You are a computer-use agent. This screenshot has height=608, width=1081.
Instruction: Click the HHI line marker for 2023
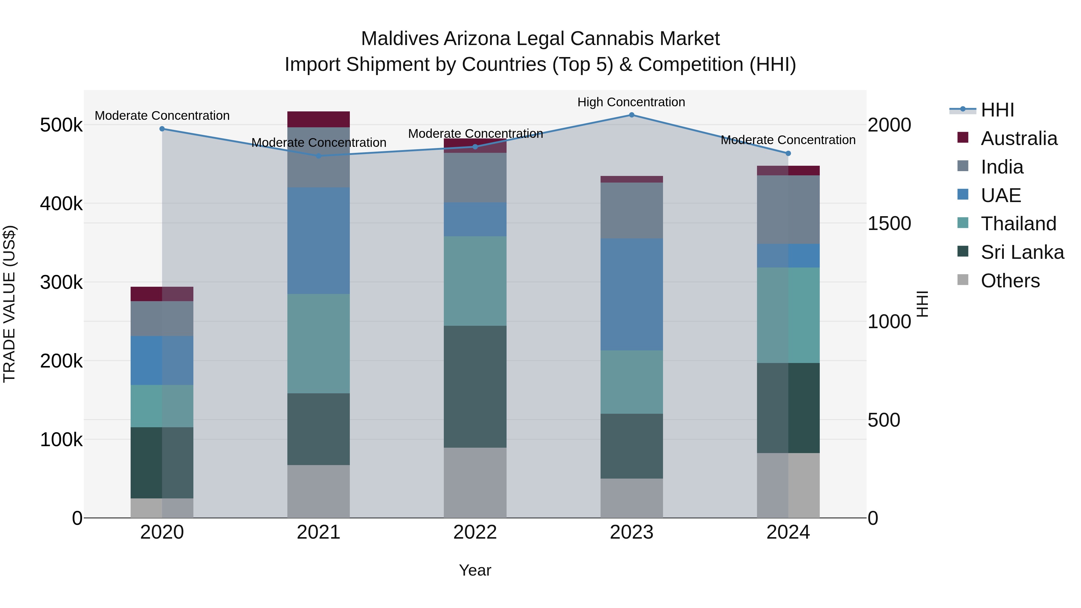[631, 115]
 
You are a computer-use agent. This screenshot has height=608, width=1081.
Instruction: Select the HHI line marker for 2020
[162, 129]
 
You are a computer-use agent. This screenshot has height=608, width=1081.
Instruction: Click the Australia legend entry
[1019, 138]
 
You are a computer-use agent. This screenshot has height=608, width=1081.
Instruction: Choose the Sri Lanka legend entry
[1022, 252]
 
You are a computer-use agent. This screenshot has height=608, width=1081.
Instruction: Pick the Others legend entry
[1010, 281]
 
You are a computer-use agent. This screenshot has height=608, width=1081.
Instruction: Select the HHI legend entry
[997, 110]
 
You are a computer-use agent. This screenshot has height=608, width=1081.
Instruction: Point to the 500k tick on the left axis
[61, 125]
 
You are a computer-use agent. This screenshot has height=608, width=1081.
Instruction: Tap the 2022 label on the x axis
[475, 532]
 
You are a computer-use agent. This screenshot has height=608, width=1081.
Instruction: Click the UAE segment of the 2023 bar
[631, 294]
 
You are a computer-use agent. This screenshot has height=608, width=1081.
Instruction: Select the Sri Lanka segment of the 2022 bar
[475, 386]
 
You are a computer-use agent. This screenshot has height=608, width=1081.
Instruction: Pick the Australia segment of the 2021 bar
[319, 119]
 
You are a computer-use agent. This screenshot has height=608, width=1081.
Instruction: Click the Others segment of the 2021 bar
[319, 491]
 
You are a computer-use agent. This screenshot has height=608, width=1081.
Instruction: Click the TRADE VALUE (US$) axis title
[9, 304]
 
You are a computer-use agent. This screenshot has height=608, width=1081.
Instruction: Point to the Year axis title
[475, 570]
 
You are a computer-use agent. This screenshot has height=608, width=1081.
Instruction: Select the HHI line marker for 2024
[788, 153]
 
